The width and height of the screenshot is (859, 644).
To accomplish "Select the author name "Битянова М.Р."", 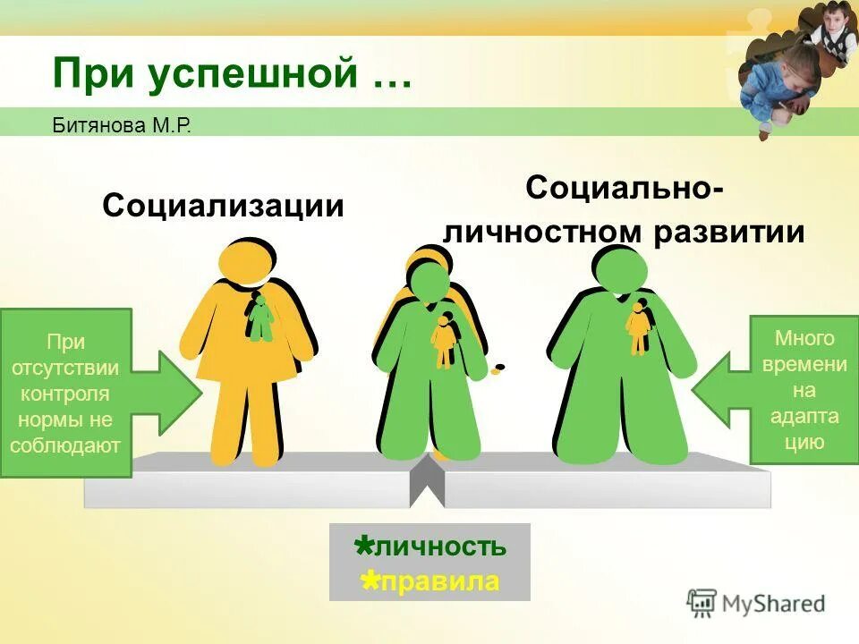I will tap(122, 124).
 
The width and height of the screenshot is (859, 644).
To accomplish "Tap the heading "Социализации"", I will tap(223, 206).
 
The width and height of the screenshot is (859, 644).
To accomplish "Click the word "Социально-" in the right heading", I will tap(625, 189).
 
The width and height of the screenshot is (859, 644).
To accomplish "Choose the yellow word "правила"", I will tap(439, 581).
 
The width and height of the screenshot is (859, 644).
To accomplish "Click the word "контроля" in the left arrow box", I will tap(65, 394).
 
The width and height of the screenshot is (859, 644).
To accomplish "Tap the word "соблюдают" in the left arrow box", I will tap(65, 445).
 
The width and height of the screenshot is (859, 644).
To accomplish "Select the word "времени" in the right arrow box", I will tap(804, 364).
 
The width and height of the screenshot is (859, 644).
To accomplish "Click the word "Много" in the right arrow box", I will tap(804, 339).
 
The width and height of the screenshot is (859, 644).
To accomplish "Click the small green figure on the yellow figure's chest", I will tap(259, 318).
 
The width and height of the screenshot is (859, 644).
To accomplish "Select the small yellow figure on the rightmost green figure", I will tap(637, 328).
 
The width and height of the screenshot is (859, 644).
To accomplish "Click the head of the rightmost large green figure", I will tap(620, 269).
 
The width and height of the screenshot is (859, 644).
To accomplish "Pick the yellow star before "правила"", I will tap(369, 580).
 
